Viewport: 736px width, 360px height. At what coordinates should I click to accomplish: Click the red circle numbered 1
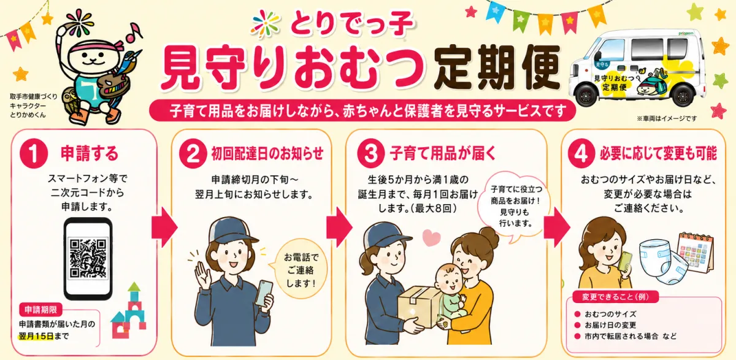tap(34, 154)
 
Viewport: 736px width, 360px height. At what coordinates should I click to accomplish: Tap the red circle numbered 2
tap(193, 154)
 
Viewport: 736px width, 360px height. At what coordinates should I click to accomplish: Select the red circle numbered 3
tap(371, 154)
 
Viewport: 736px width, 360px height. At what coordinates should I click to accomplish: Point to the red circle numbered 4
tap(581, 154)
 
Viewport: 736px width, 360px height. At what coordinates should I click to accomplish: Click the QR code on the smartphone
tap(88, 259)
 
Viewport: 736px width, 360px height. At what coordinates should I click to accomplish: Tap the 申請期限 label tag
tap(40, 310)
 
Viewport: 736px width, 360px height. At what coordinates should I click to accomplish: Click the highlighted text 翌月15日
tap(36, 336)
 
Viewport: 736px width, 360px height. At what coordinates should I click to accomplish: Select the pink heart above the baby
tap(431, 237)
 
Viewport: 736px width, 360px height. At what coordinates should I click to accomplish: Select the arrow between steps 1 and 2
tap(164, 228)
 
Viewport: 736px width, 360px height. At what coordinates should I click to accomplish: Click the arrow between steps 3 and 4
tap(557, 228)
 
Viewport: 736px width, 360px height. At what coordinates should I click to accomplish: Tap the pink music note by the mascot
tap(134, 33)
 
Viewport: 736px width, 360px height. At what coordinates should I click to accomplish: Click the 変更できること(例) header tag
tap(615, 297)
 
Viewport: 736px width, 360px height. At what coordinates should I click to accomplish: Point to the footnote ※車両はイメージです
tap(666, 118)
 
